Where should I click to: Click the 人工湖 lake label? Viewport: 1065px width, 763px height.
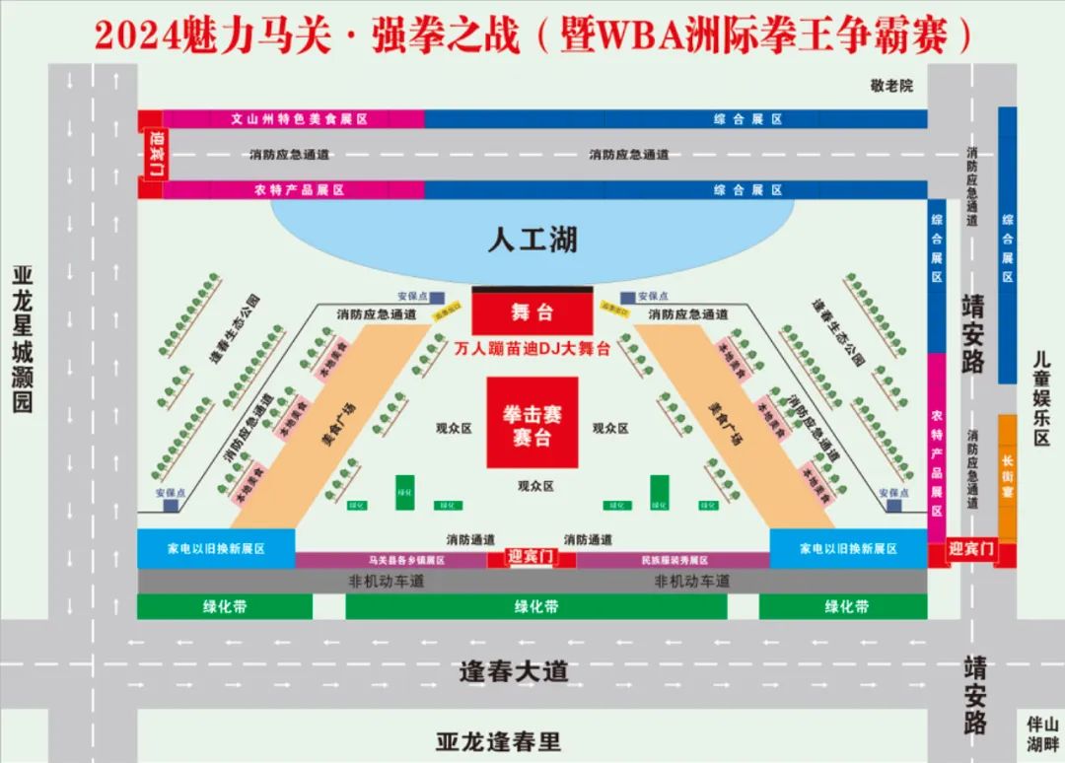click(532, 240)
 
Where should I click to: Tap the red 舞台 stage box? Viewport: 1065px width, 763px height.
click(532, 313)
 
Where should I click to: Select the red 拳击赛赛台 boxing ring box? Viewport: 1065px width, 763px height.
click(532, 422)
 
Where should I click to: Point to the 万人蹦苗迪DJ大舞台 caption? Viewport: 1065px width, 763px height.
click(532, 348)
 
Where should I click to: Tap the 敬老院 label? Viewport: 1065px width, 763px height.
click(891, 86)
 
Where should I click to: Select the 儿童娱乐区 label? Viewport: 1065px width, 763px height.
click(1041, 398)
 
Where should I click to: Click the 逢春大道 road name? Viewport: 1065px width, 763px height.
click(514, 672)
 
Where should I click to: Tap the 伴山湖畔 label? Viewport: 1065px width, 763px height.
click(1041, 732)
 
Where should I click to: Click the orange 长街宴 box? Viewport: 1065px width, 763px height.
click(1007, 476)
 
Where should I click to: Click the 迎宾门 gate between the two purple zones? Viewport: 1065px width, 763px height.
click(532, 558)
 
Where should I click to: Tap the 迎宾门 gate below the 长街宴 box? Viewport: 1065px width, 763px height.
click(971, 550)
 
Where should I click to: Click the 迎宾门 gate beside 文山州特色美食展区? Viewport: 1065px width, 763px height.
click(154, 155)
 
